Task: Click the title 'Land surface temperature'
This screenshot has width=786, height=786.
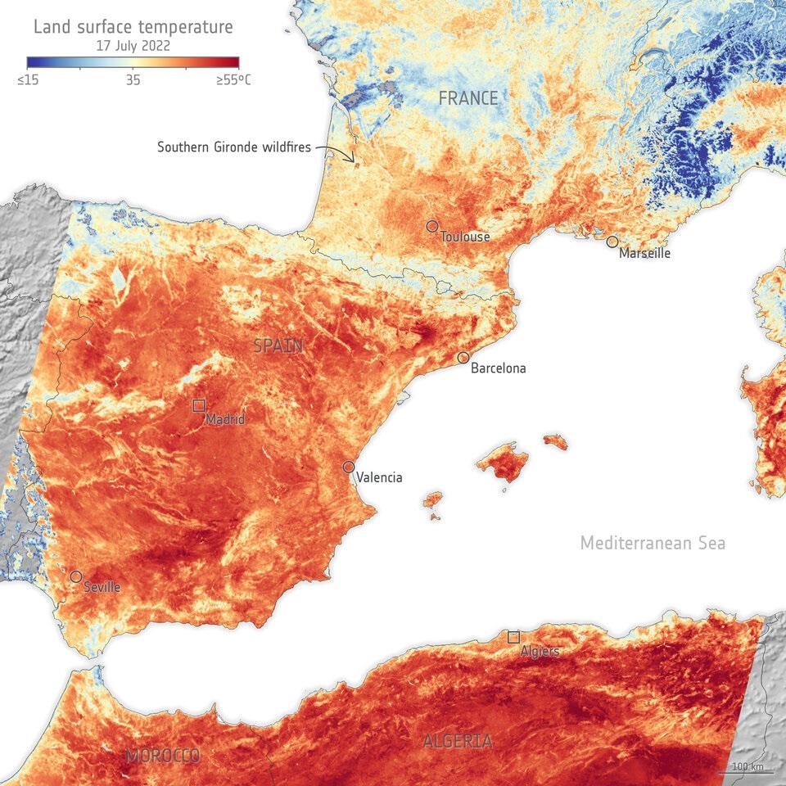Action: coord(133,27)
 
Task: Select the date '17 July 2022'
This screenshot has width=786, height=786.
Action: coord(133,46)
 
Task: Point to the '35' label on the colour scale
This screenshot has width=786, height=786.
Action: coord(133,80)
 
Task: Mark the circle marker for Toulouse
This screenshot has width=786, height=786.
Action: coord(432,226)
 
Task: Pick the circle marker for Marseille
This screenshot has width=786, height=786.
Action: coord(612,242)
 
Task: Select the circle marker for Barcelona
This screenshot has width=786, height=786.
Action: coord(463,358)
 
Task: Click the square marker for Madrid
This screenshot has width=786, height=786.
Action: coord(198,405)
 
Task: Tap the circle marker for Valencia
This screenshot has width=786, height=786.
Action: coord(349,467)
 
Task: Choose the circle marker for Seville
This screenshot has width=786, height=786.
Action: coord(76,576)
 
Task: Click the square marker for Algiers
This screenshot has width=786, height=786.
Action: coord(513,637)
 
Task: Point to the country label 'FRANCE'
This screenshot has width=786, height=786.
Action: coord(468,98)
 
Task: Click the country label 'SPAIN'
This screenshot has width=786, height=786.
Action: coord(278,346)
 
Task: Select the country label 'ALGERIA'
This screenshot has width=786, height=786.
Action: coord(458,742)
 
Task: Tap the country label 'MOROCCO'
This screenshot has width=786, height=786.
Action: coord(163,756)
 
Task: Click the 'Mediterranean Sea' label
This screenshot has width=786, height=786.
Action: coord(653,543)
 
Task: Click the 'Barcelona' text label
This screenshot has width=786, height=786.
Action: coord(498,368)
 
